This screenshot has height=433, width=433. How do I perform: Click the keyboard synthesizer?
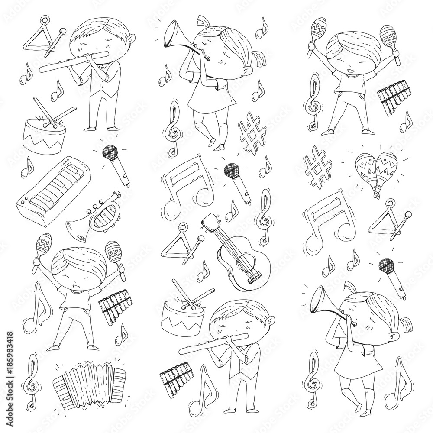(x=53, y=189)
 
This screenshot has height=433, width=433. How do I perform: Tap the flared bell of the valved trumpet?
(x=74, y=228)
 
